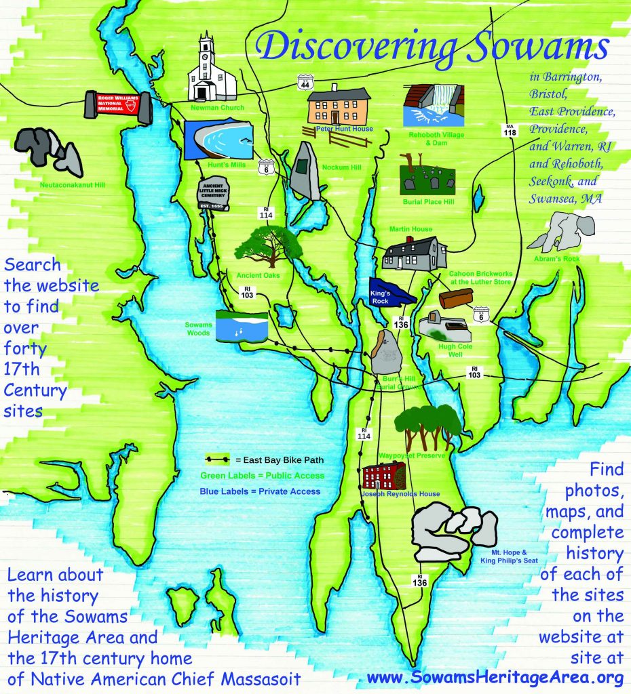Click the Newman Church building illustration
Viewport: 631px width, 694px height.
[211, 71]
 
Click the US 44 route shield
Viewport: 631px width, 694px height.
[304, 82]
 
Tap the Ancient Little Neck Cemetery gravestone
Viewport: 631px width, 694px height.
[213, 195]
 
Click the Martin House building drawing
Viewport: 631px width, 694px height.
[415, 253]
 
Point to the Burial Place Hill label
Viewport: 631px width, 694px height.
[427, 202]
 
